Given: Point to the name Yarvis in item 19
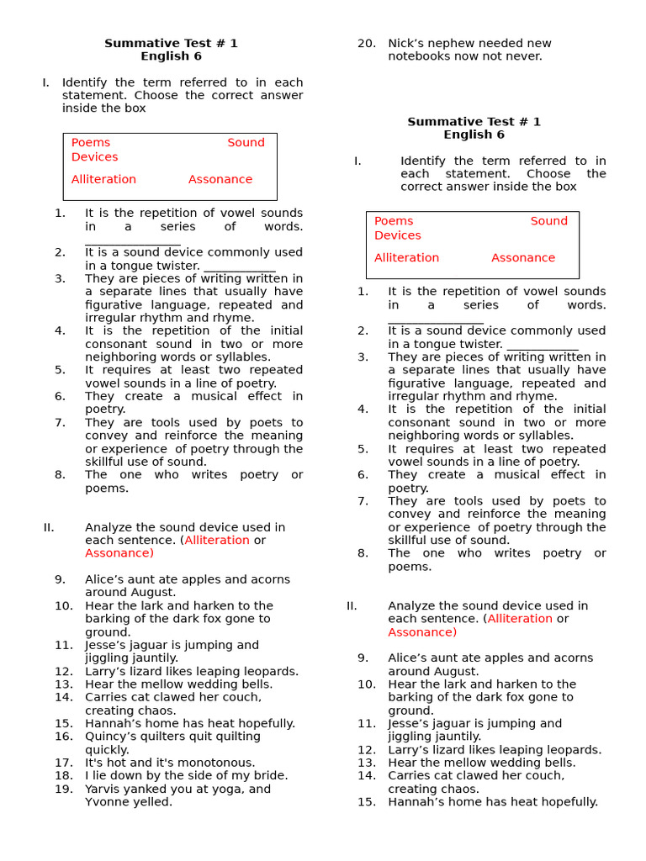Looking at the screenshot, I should [x=103, y=789].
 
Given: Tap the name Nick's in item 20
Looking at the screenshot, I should [x=407, y=43].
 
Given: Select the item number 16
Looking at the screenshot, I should [x=64, y=737].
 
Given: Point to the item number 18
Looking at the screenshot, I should [x=64, y=775].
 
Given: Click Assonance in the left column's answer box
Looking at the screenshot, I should [x=220, y=179].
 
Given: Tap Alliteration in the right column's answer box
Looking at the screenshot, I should [x=406, y=257].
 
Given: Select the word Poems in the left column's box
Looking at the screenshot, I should [x=91, y=143].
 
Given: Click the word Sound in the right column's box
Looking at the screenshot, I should [x=548, y=221].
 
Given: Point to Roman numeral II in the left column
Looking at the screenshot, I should [x=49, y=527].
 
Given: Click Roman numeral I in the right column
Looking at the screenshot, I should [x=357, y=161].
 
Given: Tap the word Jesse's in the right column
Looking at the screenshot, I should [x=409, y=723].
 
